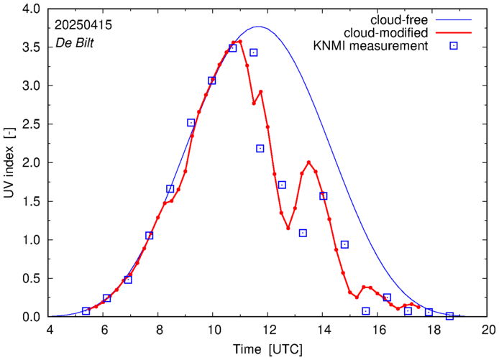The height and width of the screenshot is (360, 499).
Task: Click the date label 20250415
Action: pos(83,25)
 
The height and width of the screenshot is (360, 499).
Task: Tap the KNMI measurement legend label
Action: pos(371,47)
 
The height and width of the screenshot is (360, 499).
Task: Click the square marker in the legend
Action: pos(454,47)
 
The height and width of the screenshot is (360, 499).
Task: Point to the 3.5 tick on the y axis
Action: pos(34,47)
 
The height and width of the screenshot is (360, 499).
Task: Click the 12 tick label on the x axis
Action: pos(268,331)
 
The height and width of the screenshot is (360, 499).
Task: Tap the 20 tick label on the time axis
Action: pos(489,331)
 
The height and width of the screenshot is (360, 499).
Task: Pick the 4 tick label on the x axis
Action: pos(50,331)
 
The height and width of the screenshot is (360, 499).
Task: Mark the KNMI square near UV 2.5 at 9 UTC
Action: pos(191,123)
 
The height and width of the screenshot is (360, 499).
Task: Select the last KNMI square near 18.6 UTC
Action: pos(450,316)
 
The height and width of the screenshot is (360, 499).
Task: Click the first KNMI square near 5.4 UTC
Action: pos(86,311)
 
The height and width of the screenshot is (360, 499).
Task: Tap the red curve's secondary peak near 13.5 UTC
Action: pos(309,162)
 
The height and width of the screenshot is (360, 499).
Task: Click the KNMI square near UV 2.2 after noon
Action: pos(260,149)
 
